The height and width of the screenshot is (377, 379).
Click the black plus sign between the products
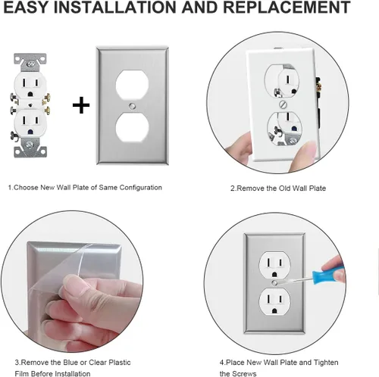coord(81,105)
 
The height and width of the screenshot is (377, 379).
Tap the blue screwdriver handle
coord(328,271)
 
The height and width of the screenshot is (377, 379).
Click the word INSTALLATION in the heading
coord(112,7)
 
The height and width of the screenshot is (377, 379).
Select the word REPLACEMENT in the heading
coord(287,7)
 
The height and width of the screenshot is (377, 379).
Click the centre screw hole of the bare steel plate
coord(132,106)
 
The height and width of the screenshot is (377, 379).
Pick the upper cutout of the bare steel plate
coord(132,85)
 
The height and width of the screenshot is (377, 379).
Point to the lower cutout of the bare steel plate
coord(132,127)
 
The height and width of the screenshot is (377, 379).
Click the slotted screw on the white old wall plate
coord(283,104)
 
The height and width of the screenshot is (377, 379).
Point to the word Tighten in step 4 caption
coord(326,363)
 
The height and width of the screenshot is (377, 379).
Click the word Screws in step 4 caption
coord(244,374)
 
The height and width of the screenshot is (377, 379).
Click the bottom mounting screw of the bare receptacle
coord(30,145)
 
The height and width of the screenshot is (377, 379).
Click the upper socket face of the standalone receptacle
coord(30,85)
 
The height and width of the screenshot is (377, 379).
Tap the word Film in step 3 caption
coord(20,374)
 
